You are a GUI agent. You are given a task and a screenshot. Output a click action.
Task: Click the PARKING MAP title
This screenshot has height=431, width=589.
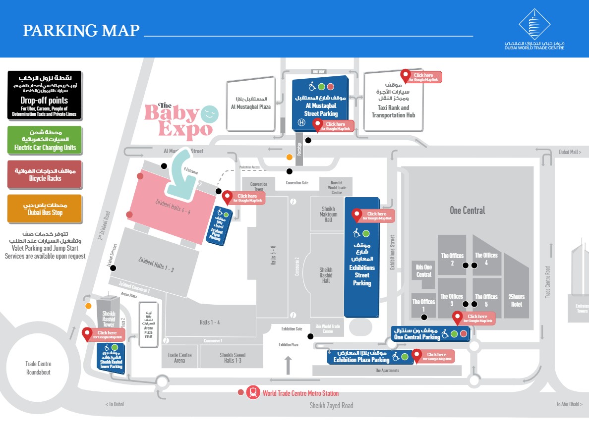[x=81, y=31]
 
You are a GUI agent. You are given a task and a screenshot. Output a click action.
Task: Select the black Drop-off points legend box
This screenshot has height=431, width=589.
[x=44, y=95]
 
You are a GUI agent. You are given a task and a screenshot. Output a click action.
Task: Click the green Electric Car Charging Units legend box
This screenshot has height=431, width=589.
[x=44, y=140]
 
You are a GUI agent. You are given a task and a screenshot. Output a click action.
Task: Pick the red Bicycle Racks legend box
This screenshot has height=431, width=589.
[x=44, y=174]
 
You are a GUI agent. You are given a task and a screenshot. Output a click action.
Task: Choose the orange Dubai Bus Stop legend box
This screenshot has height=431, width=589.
[x=44, y=209]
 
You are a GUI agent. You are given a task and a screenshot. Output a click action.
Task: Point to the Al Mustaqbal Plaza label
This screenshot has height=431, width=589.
[x=251, y=103]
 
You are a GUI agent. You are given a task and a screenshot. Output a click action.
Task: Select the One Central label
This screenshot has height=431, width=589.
[x=467, y=211]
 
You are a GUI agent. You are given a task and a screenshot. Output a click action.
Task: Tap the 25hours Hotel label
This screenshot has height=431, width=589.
[x=516, y=301]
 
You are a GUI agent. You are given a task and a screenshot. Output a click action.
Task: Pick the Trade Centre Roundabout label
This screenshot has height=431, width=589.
[x=38, y=368]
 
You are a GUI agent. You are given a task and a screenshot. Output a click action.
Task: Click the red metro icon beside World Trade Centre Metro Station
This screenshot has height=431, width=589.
[x=253, y=392]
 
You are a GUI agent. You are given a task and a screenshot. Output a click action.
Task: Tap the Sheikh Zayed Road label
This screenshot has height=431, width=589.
[x=331, y=405]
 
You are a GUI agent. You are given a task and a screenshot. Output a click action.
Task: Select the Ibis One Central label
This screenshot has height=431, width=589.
[x=424, y=271]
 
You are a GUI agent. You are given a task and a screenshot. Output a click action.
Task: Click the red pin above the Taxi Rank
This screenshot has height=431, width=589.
[x=406, y=75]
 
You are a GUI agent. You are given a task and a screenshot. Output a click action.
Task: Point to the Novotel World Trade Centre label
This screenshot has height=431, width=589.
[x=338, y=187]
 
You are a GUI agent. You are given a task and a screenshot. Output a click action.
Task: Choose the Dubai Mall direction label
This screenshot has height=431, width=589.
[x=570, y=153]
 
